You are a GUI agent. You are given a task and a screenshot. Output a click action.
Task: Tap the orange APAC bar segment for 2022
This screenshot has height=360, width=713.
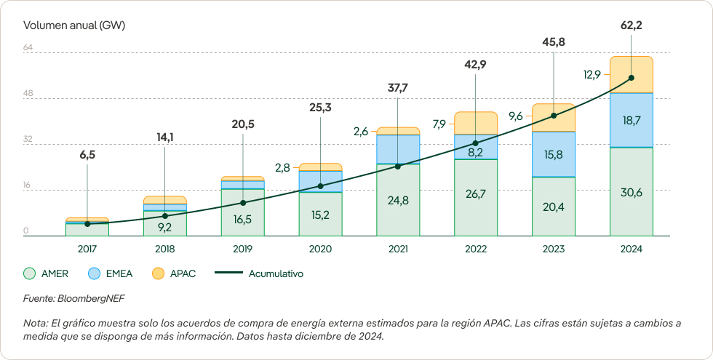click(475, 123)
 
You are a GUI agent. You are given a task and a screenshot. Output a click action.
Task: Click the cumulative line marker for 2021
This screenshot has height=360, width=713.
click(398, 167)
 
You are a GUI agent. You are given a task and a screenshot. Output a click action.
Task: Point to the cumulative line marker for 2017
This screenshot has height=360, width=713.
click(87, 224)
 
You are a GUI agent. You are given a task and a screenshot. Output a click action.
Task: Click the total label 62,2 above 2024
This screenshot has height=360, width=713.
click(631, 25)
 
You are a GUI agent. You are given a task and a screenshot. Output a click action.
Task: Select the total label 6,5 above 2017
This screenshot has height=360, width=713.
click(87, 154)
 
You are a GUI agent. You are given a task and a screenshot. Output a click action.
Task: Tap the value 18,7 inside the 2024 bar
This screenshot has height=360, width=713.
click(631, 120)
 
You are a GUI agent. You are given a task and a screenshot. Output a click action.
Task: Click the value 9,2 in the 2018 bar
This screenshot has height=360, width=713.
click(165, 226)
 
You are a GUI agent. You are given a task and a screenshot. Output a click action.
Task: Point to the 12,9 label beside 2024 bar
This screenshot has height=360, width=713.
click(591, 74)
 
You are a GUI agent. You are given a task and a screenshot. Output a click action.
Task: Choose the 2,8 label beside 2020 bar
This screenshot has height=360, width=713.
click(282, 167)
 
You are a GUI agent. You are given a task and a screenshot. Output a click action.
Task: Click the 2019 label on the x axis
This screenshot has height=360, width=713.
click(242, 249)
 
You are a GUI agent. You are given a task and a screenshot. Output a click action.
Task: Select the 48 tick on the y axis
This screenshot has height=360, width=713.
click(28, 94)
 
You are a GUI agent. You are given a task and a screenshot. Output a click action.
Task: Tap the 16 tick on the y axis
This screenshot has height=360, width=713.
click(27, 185)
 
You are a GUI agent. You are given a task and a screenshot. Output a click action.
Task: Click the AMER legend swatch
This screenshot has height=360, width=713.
click(30, 274)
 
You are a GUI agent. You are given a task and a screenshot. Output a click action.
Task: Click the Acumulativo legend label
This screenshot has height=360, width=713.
click(276, 274)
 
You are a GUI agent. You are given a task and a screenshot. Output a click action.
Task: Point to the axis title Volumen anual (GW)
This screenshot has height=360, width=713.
click(74, 25)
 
